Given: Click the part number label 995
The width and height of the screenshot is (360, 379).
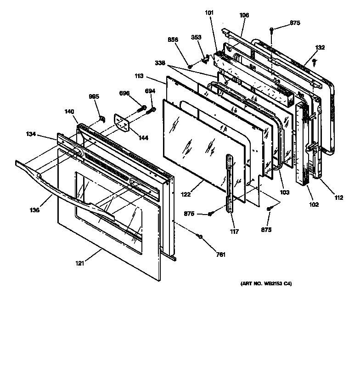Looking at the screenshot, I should coord(94,96).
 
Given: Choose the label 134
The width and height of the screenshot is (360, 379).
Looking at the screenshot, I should coord(31,134).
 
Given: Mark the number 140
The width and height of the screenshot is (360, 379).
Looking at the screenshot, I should coord(69,112).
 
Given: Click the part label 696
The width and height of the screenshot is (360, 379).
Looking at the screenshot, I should coord(124,93).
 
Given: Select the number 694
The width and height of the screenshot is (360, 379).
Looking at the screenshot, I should coord(150,91).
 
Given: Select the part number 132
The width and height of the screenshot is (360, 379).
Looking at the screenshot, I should coord(320,47).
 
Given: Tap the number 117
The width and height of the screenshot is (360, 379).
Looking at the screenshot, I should coord(234,232).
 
